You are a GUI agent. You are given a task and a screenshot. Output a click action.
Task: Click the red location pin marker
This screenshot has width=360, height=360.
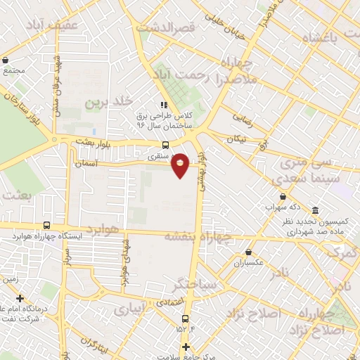click(x=180, y=165)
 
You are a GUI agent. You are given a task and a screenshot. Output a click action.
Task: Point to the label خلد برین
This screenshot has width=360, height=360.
click(x=109, y=102)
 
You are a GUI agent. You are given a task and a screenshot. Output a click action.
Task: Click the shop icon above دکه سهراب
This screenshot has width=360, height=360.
click(x=283, y=196)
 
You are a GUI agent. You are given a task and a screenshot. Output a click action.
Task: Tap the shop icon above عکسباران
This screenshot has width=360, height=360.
click(x=248, y=252)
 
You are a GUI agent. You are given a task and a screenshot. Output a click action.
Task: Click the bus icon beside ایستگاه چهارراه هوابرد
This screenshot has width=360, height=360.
click(x=46, y=226)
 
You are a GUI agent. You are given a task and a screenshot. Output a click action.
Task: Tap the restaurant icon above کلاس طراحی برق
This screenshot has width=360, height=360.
click(x=165, y=105)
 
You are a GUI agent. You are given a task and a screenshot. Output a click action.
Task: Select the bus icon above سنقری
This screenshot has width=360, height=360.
click(x=164, y=146)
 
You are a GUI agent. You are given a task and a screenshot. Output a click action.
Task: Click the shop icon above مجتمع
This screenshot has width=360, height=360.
click(x=6, y=60)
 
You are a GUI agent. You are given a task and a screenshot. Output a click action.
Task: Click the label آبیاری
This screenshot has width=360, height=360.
click(x=131, y=309)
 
